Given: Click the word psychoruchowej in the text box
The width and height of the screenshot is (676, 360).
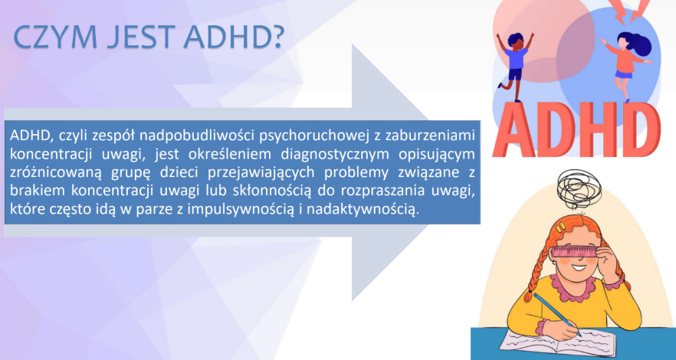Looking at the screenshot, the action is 307,136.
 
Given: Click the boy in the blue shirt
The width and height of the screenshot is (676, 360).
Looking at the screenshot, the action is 515,64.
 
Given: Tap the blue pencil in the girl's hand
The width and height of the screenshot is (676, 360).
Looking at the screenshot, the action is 556,313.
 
